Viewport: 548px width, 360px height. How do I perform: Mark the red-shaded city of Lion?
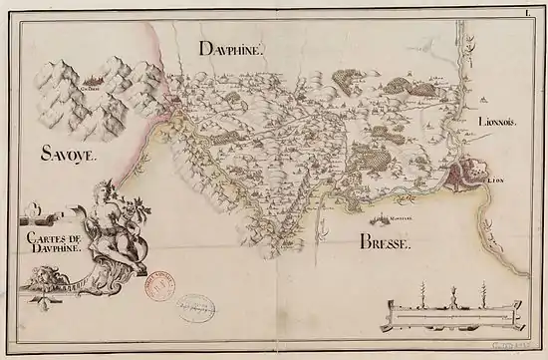coord(466,179)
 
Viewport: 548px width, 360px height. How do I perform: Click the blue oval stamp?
coord(195,308)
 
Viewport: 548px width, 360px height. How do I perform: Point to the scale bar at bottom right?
coord(454,315)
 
